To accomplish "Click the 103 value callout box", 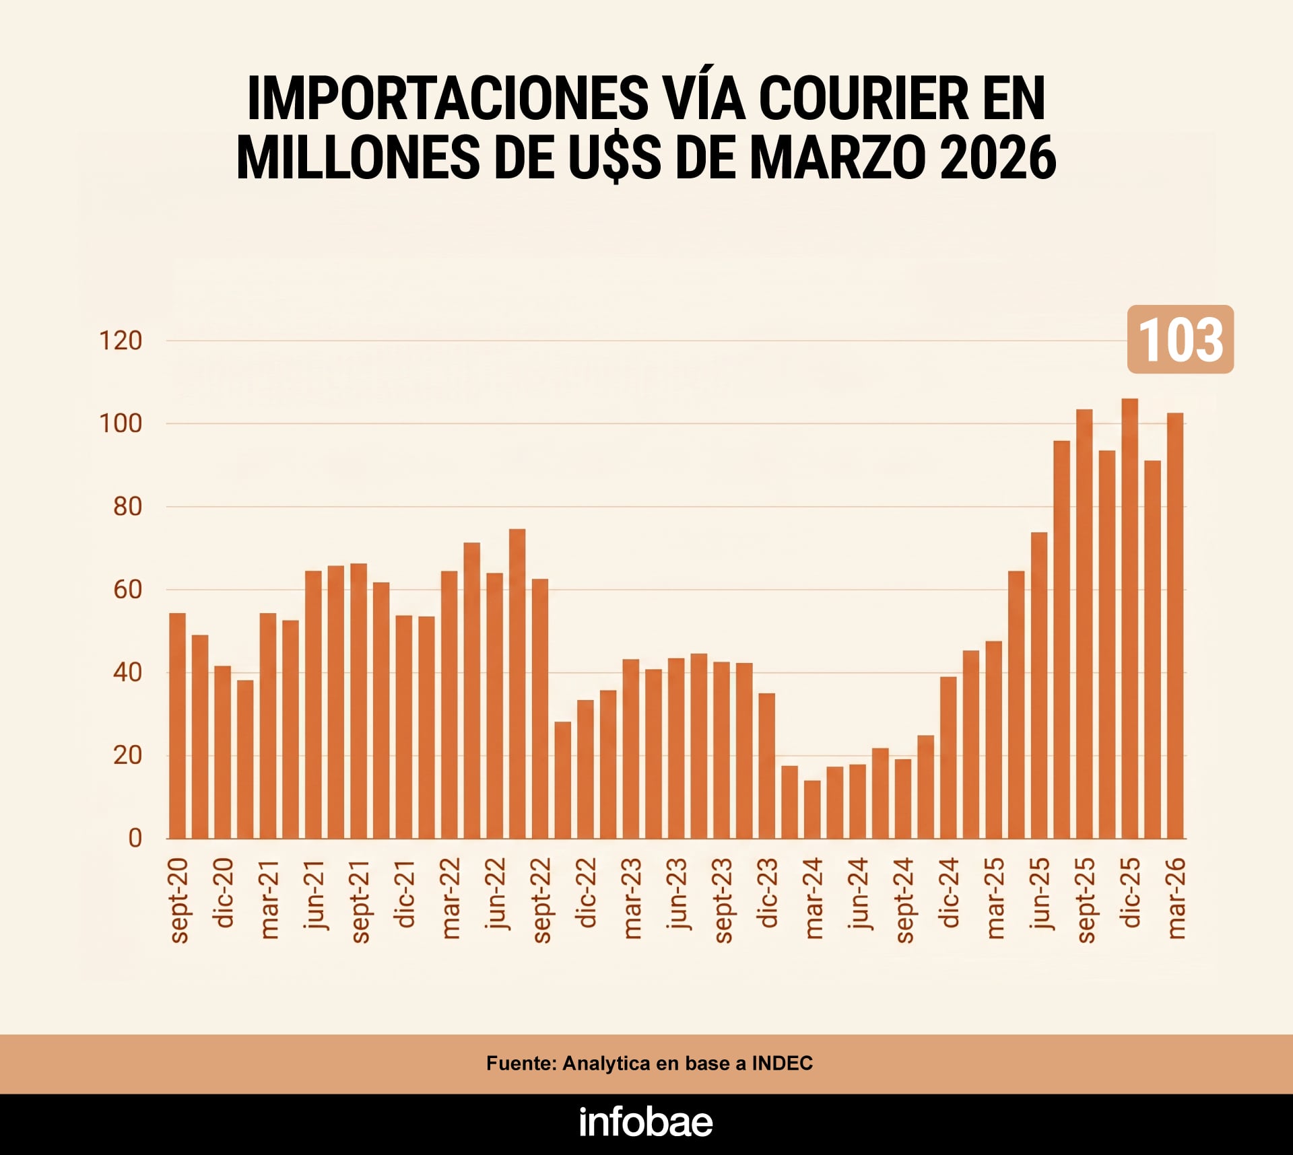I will coord(1180,339).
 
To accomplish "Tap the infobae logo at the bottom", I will coord(646,1122).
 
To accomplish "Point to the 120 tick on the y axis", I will coord(121,341).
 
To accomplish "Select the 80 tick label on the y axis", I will coord(127,507).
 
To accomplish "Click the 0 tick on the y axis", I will coord(135,838).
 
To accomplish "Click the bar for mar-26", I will coord(1174,626).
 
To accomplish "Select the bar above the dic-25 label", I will coord(1129,619).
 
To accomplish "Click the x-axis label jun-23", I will coord(677,893).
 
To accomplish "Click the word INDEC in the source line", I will coord(782,1063).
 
